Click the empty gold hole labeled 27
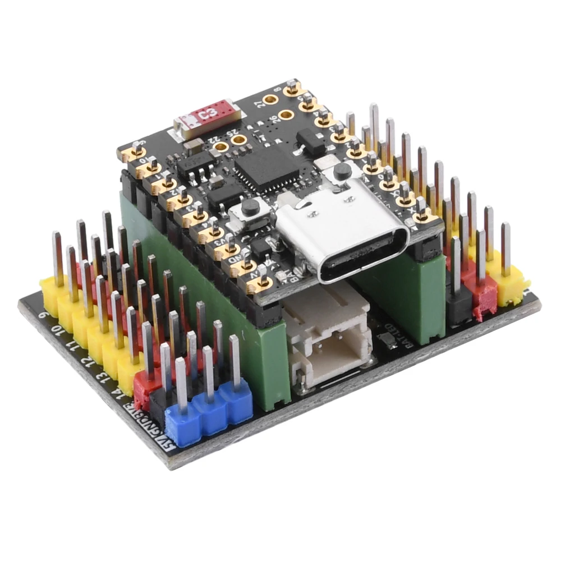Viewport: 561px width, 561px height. click(271, 100)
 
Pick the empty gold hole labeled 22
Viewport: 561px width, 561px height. click(221, 148)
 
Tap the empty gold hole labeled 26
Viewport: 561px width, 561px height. click(286, 115)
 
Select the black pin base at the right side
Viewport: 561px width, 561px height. click(459, 306)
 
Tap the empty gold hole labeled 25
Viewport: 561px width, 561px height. click(239, 139)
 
